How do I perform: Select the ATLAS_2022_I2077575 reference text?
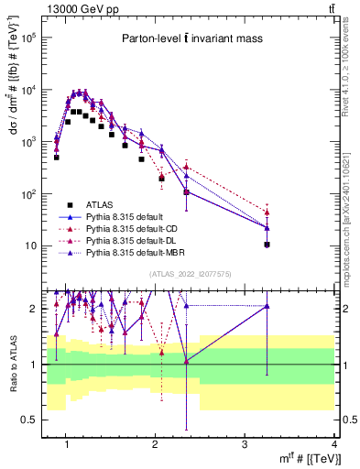pyautogui.click(x=190, y=273)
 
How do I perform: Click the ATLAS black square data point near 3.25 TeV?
pyautogui.click(x=267, y=245)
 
